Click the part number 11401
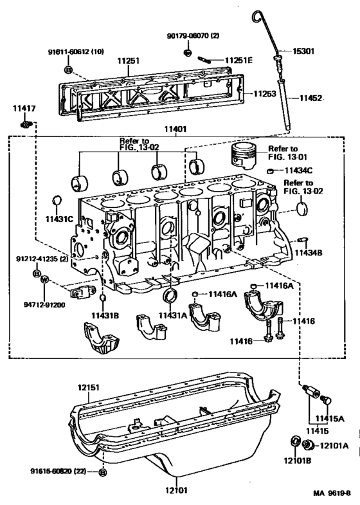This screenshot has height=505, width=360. click(175, 129)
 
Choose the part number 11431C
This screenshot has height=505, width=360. click(59, 220)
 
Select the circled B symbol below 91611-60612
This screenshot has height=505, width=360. click(68, 69)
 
